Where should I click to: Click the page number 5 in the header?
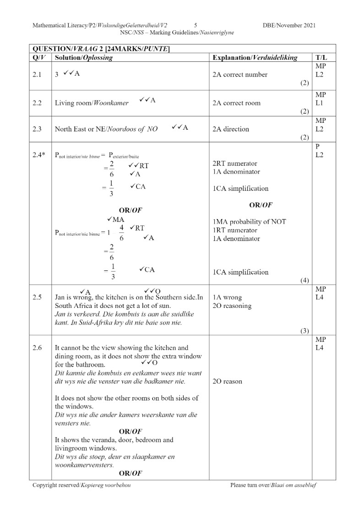(x=196, y=25)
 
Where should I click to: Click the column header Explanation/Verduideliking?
(x=255, y=57)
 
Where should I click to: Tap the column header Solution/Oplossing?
(x=83, y=57)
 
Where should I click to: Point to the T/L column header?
(x=321, y=57)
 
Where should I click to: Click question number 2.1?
(x=38, y=74)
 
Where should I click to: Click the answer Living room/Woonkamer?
(x=92, y=103)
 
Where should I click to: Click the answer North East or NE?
(x=106, y=129)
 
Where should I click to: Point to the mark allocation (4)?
(x=305, y=280)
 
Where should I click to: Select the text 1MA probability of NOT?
(x=249, y=222)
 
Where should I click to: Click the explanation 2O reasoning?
(x=232, y=306)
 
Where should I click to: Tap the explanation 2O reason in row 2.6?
(x=228, y=381)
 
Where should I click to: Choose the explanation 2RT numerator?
(x=235, y=164)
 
